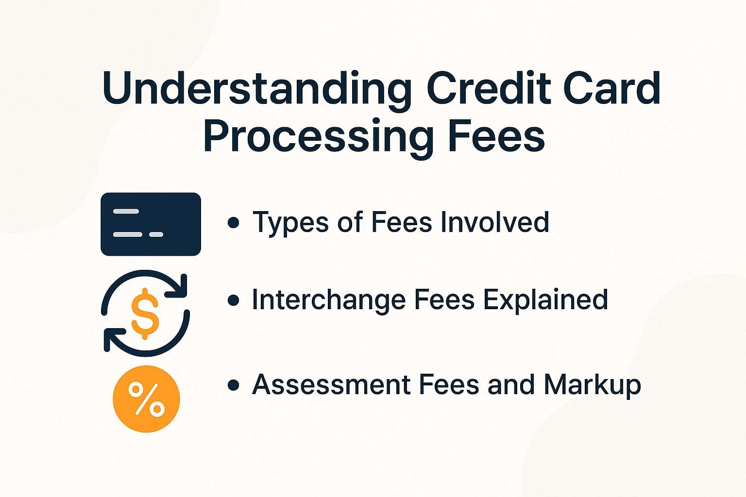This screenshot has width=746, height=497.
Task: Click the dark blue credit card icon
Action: (151, 224)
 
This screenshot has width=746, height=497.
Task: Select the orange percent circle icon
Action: (146, 398)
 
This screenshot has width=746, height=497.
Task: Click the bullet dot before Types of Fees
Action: (234, 223)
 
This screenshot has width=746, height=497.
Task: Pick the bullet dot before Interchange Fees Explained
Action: (234, 300)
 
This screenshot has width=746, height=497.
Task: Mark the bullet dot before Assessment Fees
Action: (234, 385)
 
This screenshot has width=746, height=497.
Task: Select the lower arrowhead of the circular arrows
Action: (113, 340)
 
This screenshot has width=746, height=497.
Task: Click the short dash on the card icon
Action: (156, 235)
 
